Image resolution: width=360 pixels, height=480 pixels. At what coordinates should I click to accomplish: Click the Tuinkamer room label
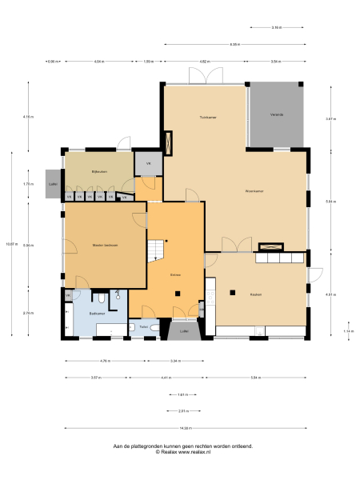(208, 117)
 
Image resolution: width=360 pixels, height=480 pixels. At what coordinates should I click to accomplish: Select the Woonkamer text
(254, 190)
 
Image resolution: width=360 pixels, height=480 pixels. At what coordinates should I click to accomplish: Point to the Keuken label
(256, 294)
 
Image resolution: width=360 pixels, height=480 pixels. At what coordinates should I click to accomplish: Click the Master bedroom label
(105, 245)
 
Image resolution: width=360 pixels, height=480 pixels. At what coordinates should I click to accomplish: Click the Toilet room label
(143, 327)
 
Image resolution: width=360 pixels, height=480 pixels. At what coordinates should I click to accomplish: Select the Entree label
(175, 274)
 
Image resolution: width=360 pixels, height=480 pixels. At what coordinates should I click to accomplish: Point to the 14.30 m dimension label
(186, 428)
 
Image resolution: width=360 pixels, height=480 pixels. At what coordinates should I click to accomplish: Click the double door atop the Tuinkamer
(206, 77)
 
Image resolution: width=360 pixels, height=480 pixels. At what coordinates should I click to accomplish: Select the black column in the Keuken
(232, 292)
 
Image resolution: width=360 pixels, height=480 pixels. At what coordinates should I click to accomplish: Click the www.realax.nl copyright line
(182, 453)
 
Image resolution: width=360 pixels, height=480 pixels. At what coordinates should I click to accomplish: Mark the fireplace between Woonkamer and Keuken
(273, 246)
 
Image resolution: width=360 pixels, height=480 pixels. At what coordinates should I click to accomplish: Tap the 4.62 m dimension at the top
(204, 62)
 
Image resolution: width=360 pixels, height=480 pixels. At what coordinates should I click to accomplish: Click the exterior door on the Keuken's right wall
(315, 275)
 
